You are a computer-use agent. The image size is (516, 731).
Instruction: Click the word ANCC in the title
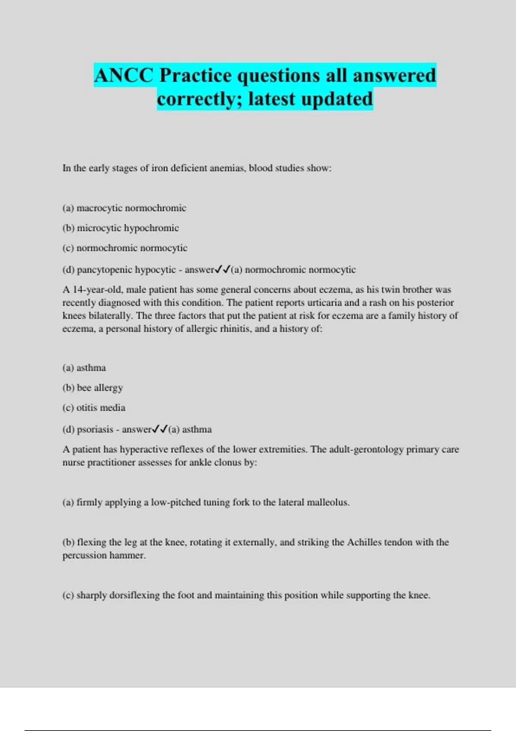(123, 76)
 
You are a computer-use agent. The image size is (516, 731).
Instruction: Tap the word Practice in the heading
(196, 76)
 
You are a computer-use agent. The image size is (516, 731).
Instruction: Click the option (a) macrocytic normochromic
(124, 208)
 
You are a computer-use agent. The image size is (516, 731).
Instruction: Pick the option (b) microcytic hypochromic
(120, 228)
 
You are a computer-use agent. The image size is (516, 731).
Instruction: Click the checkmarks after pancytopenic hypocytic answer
(222, 270)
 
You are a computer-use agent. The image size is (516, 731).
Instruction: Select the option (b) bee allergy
(92, 388)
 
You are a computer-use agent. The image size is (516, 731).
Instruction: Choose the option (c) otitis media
(94, 408)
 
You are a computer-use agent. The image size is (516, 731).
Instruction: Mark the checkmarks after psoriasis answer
(160, 429)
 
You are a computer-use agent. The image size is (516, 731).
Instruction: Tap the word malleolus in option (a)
(328, 502)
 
